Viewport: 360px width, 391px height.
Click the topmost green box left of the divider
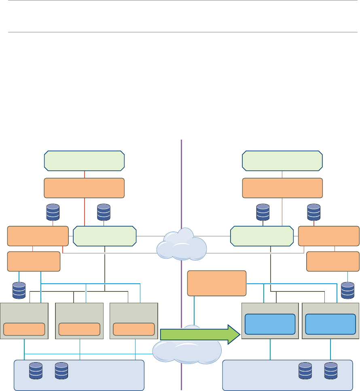coord(84,161)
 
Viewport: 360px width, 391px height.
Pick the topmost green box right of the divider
coord(282,161)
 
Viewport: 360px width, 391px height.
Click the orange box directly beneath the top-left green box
coord(84,188)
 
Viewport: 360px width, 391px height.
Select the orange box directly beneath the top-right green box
coord(282,188)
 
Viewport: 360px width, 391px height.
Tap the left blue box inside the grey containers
coord(270,324)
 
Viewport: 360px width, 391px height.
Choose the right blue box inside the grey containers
coord(331,324)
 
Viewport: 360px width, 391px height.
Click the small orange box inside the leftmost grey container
coord(24,329)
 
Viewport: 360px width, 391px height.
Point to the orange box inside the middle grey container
coord(79,329)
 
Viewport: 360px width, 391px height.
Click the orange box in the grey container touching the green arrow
coord(134,329)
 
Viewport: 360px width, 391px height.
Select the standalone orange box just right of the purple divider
coord(217,283)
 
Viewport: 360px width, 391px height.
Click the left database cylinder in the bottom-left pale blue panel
coord(36,371)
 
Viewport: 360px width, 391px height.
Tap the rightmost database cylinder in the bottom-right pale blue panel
coord(331,371)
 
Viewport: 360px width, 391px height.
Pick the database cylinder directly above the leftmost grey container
coord(19,290)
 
